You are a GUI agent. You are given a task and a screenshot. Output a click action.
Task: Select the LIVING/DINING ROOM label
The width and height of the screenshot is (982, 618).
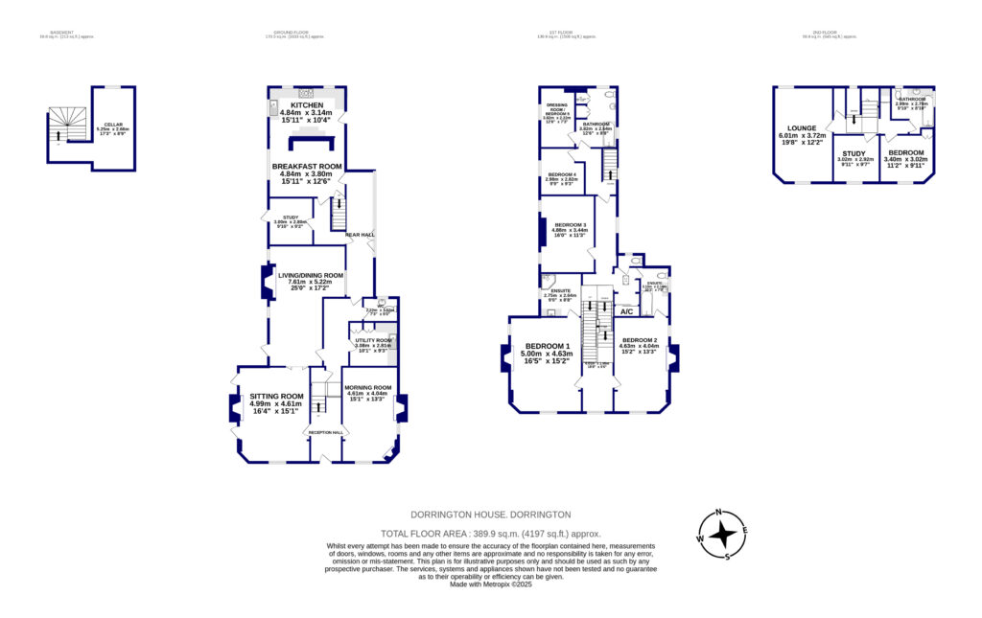click(x=311, y=275)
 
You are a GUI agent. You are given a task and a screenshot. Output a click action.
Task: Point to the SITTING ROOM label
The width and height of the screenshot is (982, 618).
click(x=276, y=396)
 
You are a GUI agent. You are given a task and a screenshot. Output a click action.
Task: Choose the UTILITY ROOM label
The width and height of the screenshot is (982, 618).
click(x=374, y=340)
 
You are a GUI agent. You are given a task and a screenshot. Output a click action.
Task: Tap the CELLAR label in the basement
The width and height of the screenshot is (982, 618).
click(x=113, y=124)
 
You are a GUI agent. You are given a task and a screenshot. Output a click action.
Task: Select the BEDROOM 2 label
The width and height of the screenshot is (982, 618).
click(x=639, y=340)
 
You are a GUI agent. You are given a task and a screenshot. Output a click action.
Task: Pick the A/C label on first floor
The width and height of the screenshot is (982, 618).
click(x=627, y=311)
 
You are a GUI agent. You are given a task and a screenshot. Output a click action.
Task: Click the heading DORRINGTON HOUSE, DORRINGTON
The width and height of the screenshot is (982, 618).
click(x=490, y=515)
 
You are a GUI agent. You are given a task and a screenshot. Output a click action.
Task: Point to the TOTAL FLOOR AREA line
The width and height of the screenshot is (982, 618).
click(x=490, y=533)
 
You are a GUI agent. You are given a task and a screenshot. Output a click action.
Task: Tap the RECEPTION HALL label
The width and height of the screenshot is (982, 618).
click(x=324, y=432)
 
